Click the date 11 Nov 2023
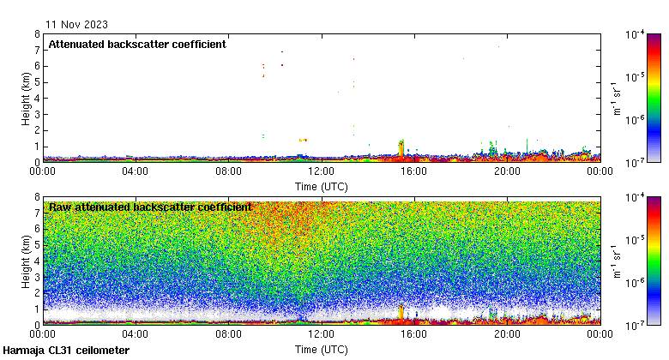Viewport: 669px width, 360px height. click(x=78, y=24)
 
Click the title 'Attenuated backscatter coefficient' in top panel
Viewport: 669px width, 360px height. click(x=137, y=45)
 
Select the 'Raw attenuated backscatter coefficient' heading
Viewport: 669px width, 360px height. click(x=150, y=207)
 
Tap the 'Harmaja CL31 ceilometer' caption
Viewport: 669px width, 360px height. click(x=66, y=351)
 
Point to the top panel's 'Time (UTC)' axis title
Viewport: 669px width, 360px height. click(x=321, y=185)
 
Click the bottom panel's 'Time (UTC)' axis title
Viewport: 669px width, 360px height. click(x=321, y=349)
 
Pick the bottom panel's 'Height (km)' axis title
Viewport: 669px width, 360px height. click(x=27, y=261)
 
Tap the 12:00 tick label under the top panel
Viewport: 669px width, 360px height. click(x=321, y=171)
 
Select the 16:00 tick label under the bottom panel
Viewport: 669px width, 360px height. click(x=414, y=335)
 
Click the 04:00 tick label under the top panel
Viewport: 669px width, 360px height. click(x=136, y=171)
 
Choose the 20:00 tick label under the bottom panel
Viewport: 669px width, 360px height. click(x=507, y=335)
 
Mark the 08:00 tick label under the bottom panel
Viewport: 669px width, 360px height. click(x=228, y=335)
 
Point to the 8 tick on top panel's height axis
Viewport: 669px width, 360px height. click(x=37, y=34)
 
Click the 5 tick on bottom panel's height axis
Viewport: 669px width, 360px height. click(x=37, y=244)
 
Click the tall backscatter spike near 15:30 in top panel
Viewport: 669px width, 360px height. click(x=401, y=147)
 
